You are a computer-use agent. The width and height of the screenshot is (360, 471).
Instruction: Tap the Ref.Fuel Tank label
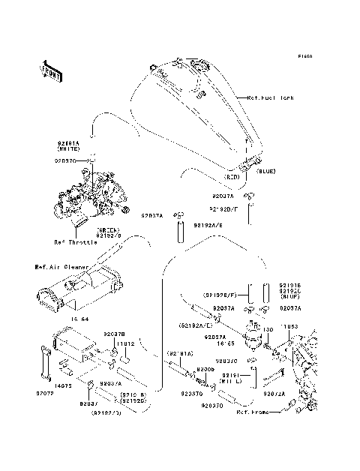click(271, 98)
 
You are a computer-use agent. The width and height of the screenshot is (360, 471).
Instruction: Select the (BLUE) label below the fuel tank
click(266, 172)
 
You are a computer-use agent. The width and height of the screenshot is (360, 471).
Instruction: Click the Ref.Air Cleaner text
click(61, 265)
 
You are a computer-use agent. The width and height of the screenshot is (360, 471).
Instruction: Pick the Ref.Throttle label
click(75, 242)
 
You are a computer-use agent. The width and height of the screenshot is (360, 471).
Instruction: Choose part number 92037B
click(114, 333)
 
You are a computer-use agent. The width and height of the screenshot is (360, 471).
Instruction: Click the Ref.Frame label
click(252, 412)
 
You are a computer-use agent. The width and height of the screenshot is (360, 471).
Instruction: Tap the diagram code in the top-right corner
click(304, 56)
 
